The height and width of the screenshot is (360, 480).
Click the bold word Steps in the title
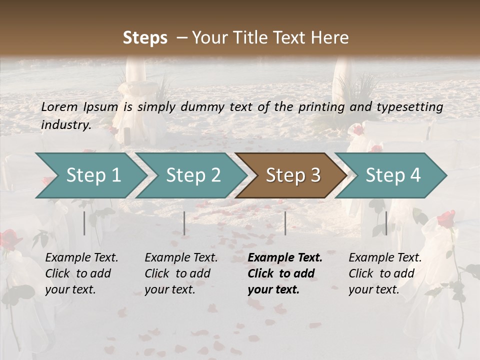(145, 38)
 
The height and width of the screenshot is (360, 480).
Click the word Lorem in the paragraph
(59, 106)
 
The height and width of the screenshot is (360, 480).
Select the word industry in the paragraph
(65, 125)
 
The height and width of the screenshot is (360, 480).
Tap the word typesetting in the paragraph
(411, 106)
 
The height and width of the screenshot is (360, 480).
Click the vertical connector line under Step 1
(84, 223)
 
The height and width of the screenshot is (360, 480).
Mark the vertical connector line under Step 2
(184, 223)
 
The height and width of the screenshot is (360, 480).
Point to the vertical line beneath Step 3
(285, 223)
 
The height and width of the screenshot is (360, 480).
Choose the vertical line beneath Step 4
(386, 223)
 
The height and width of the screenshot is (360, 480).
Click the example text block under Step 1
(81, 273)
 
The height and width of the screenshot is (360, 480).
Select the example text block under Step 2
(181, 273)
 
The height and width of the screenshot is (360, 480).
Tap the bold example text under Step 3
(284, 273)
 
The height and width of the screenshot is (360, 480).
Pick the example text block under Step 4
(385, 273)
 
